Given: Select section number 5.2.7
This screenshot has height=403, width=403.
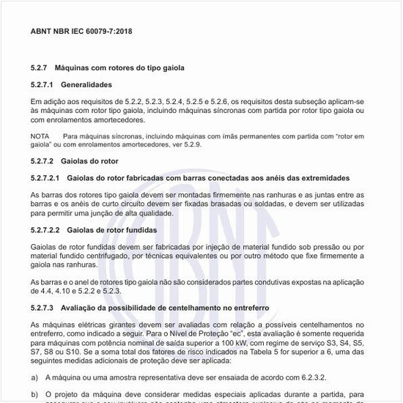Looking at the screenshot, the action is pyautogui.click(x=39, y=67).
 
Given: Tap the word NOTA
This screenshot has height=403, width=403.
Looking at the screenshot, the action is pyautogui.click(x=40, y=136).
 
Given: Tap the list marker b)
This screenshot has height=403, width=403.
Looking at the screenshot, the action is pyautogui.click(x=34, y=395).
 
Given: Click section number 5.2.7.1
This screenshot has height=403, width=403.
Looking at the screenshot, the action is pyautogui.click(x=42, y=84).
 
